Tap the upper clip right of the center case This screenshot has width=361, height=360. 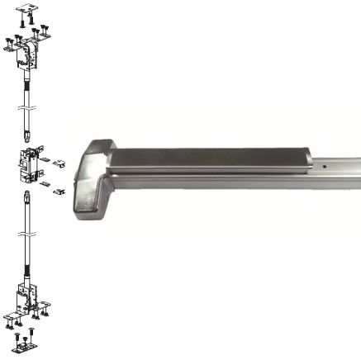point(59,163)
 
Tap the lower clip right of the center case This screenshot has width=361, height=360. point(59,192)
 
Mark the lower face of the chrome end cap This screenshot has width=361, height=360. point(89,203)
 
